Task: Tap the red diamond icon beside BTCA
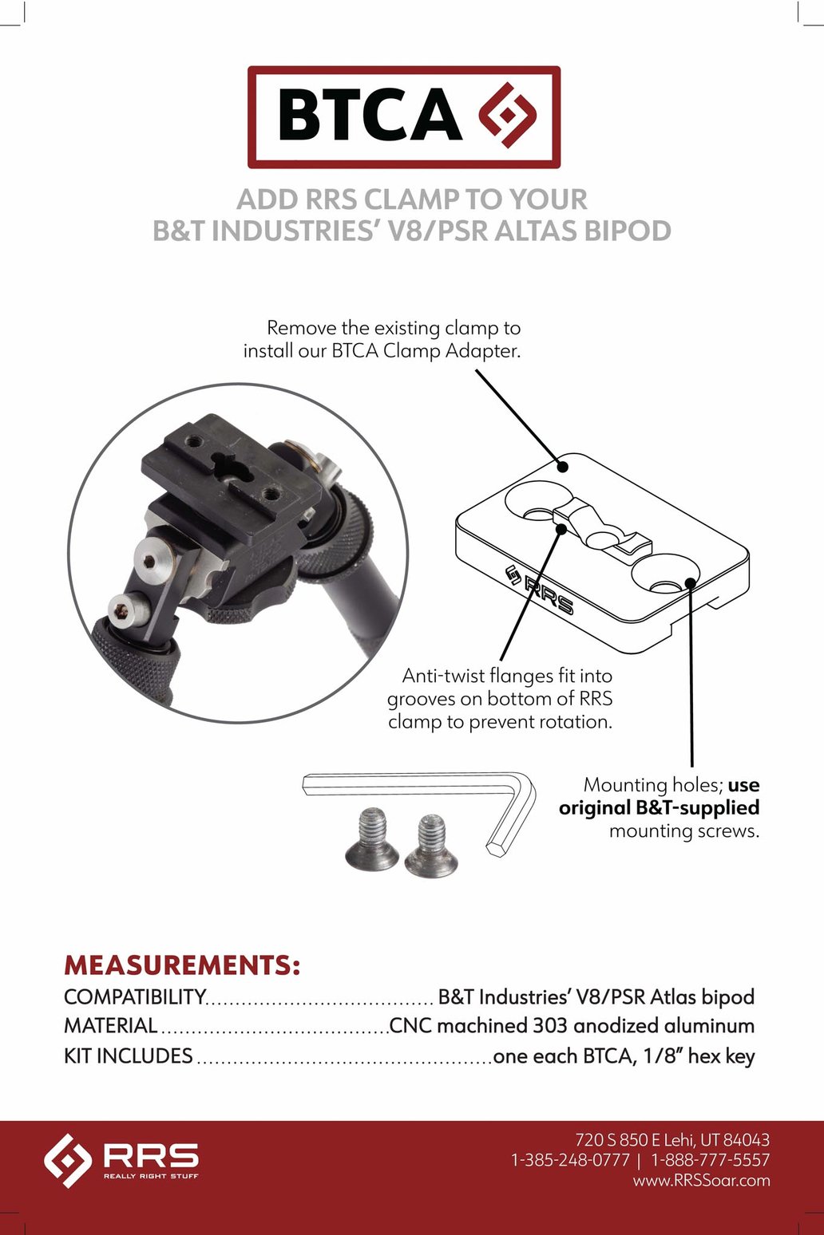508,115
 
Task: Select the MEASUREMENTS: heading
182,965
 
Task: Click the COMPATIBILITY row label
135,997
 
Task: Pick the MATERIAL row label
110,1026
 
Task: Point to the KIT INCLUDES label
128,1056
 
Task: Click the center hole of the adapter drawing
608,538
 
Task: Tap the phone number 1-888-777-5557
710,1160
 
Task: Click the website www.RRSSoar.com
701,1181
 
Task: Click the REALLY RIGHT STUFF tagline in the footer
151,1176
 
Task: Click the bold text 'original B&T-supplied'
659,807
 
